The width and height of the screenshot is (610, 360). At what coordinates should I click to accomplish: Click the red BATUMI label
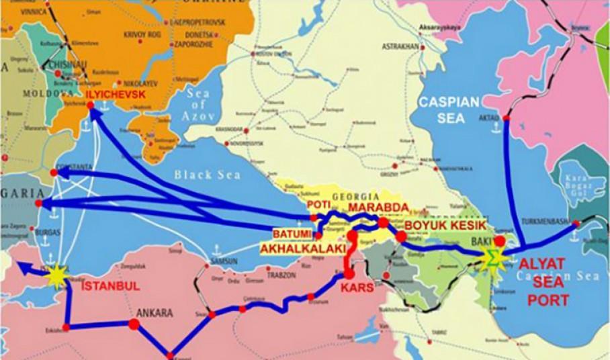click(292, 233)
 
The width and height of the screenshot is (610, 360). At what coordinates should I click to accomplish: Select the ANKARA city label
click(155, 313)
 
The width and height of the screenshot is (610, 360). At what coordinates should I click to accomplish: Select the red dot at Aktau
click(507, 118)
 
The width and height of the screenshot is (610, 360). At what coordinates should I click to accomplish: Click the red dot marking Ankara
click(133, 324)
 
